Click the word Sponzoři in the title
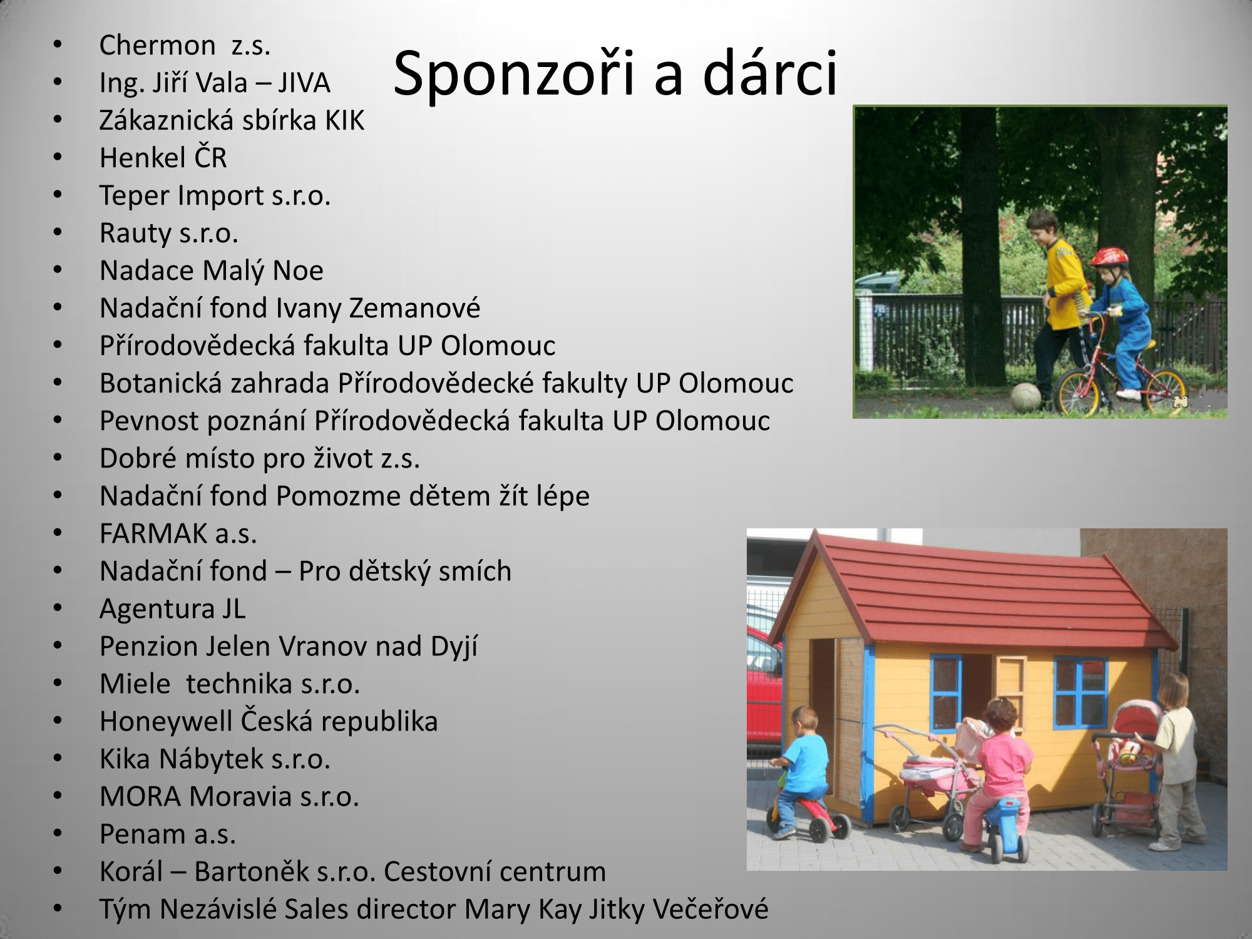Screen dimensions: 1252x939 (x=514, y=74)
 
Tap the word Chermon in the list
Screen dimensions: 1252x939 (x=157, y=45)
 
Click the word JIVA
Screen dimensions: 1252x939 (x=304, y=83)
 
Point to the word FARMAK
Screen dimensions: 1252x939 (x=153, y=533)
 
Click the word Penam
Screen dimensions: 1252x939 (x=143, y=834)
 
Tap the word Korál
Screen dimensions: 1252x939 (x=131, y=871)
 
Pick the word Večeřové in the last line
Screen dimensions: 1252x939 (x=711, y=909)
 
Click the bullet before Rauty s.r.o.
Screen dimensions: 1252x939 (x=58, y=232)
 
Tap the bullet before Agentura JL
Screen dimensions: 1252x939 (x=58, y=608)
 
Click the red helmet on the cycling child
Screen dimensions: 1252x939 (x=1109, y=257)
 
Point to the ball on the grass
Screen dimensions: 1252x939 (x=1025, y=398)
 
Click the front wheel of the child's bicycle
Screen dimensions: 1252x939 (x=1077, y=392)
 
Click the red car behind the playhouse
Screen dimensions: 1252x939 (x=764, y=682)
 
